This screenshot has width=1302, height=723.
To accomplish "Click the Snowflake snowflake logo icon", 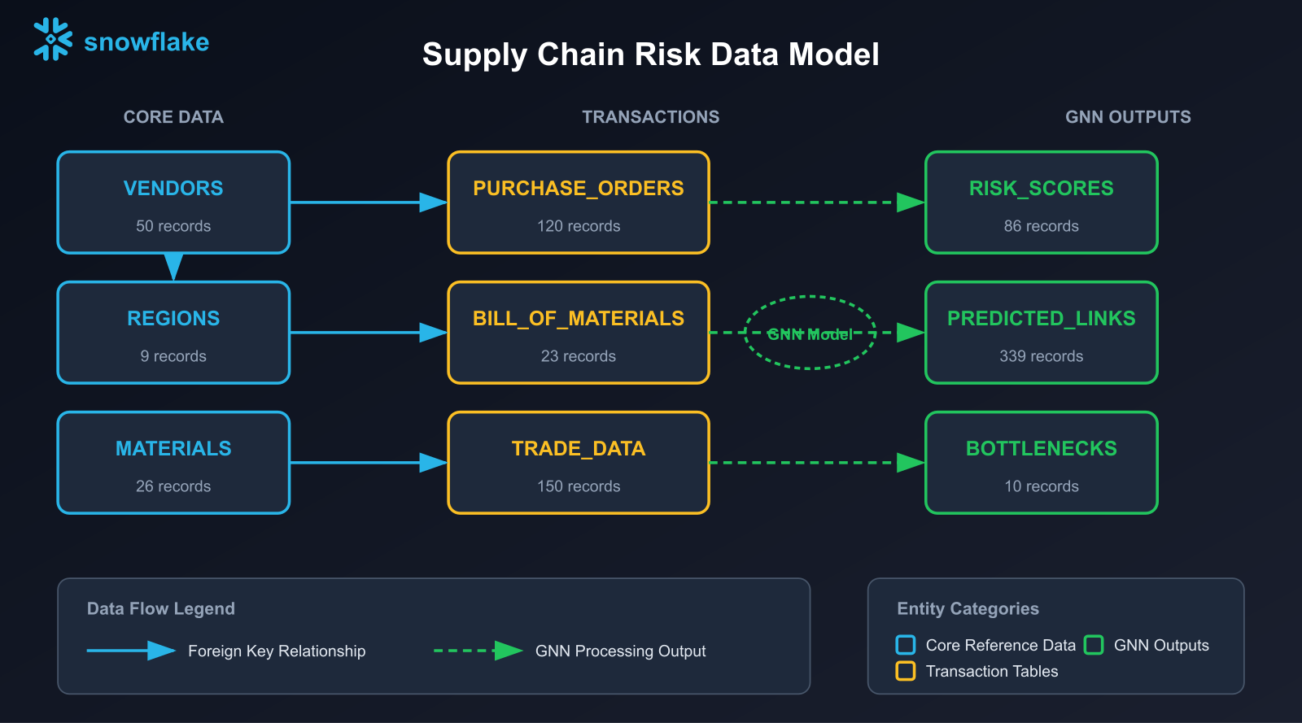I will point(52,39).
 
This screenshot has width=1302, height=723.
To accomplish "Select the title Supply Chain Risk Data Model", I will point(650,54).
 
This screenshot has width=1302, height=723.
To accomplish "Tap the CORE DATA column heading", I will point(173,117).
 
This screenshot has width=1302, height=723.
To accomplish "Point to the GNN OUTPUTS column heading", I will point(1127,117).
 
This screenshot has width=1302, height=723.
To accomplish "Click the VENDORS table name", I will point(173,188).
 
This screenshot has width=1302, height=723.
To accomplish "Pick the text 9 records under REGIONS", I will point(173,356).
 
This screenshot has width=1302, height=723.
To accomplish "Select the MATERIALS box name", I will point(173,448).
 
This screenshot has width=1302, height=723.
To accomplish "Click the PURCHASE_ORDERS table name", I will point(578,188).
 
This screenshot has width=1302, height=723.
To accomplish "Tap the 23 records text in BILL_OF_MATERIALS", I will point(578,356).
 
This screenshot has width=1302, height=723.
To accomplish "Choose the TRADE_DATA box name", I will point(578,448).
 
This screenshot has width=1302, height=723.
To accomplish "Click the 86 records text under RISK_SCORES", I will point(1041,226).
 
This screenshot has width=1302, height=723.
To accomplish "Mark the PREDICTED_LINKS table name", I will point(1041,318).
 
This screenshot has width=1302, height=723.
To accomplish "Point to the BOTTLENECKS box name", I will point(1041,448).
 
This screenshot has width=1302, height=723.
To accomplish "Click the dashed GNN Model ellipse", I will point(810,333).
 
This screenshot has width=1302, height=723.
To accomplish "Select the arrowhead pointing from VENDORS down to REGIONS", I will point(173,266).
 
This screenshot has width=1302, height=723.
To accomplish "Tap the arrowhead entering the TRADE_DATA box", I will point(433,463).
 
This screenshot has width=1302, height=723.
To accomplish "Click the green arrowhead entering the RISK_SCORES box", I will point(910,203).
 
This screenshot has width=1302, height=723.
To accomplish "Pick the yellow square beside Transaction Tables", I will point(905,671).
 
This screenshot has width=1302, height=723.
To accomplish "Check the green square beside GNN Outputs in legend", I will point(1094,645).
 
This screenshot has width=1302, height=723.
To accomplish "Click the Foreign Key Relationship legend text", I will point(277,651).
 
